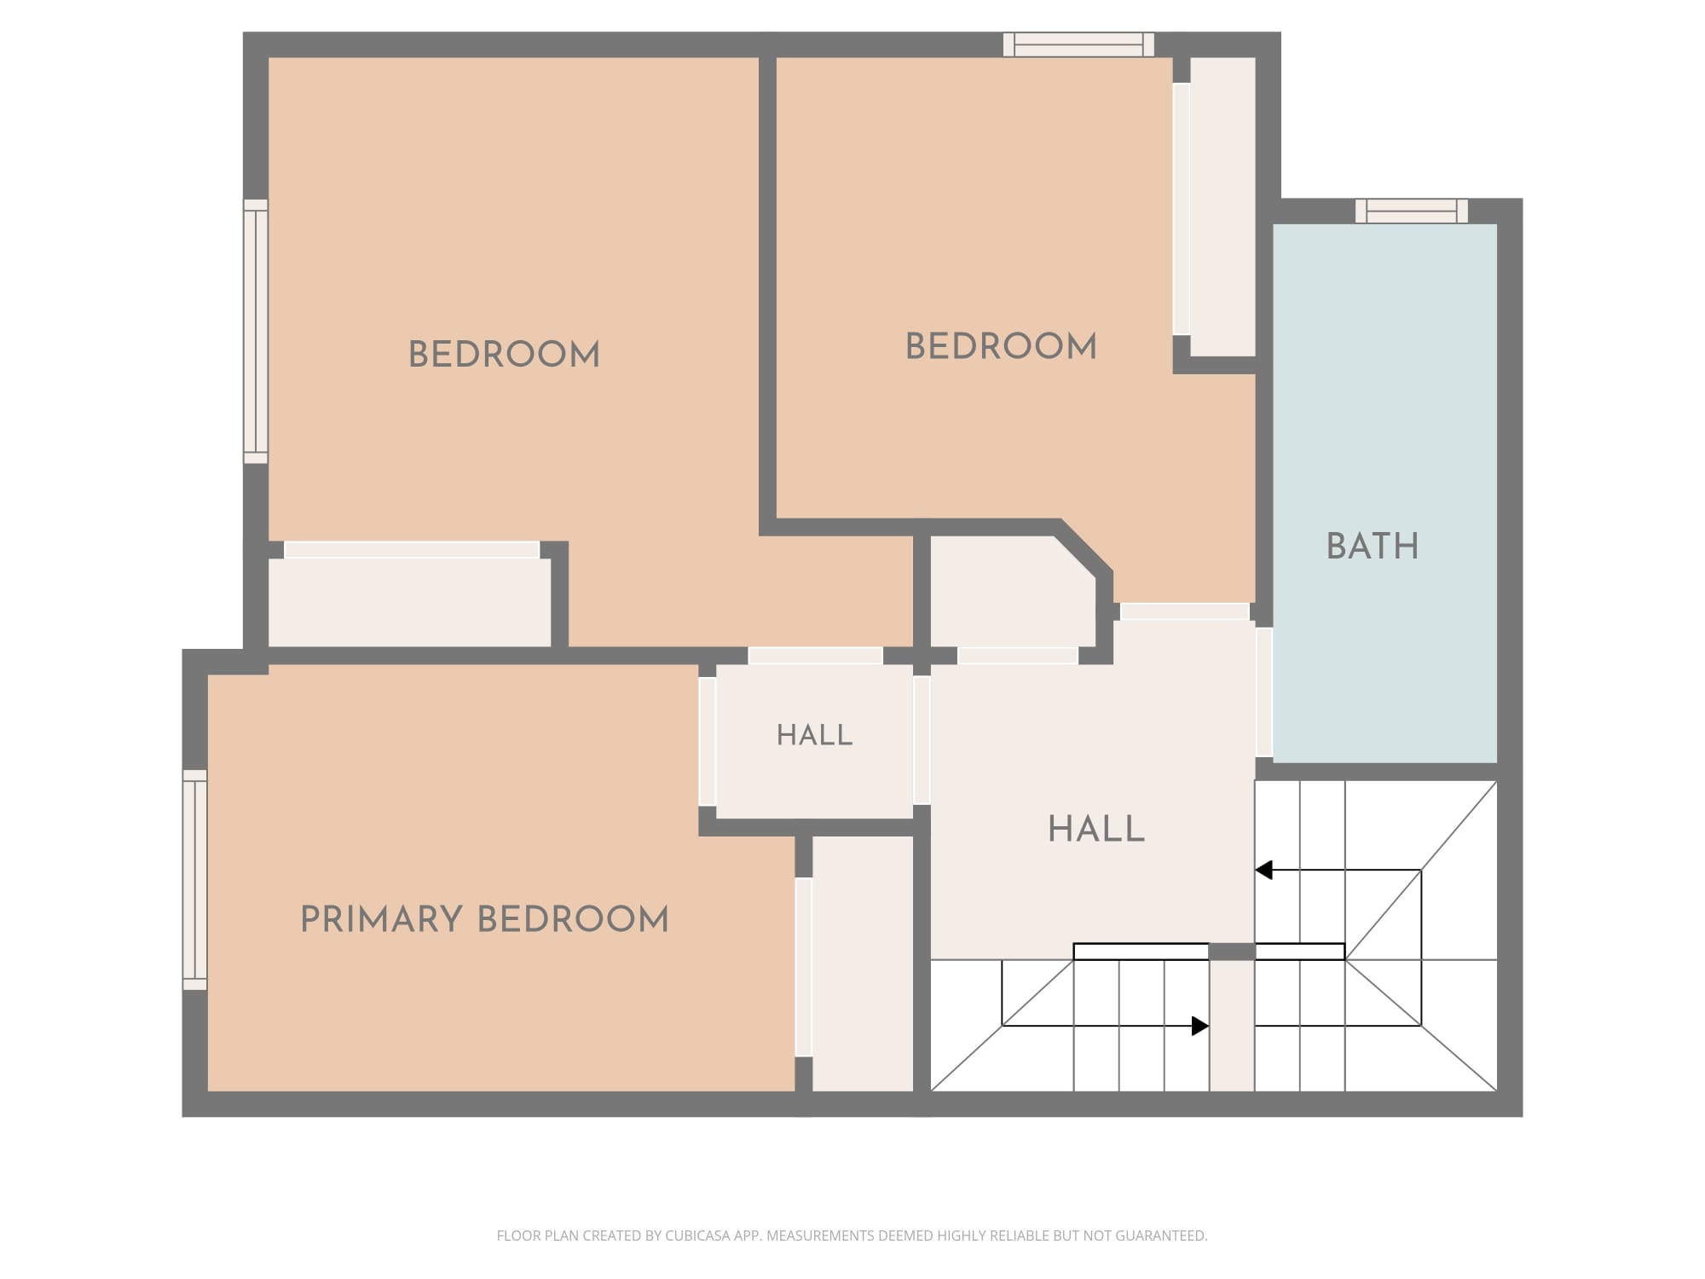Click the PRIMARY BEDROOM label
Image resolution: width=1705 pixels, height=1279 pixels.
484,919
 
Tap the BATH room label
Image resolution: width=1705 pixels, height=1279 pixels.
1373,546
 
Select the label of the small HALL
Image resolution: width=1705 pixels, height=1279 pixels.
814,735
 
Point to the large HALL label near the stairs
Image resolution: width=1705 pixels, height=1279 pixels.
1095,829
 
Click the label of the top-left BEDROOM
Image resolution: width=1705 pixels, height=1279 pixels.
504,355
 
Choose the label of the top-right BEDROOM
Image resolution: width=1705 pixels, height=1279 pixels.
1001,346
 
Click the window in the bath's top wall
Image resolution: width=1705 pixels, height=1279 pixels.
1412,211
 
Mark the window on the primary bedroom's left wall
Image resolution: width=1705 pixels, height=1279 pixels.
195,880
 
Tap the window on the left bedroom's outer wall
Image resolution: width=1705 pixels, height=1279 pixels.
256,332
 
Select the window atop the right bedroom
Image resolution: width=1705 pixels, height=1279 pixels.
1078,44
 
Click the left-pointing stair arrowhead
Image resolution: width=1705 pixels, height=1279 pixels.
1263,870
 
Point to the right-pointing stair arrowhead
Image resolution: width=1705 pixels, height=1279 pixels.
1200,1026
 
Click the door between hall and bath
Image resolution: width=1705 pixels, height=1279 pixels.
1264,692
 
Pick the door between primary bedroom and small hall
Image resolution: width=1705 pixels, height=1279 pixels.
708,741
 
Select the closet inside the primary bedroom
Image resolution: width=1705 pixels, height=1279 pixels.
863,964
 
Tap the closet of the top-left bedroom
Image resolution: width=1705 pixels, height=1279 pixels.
410,602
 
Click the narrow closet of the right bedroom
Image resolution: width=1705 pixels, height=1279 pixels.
1222,206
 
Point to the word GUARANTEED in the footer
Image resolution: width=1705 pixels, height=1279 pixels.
1162,1236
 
